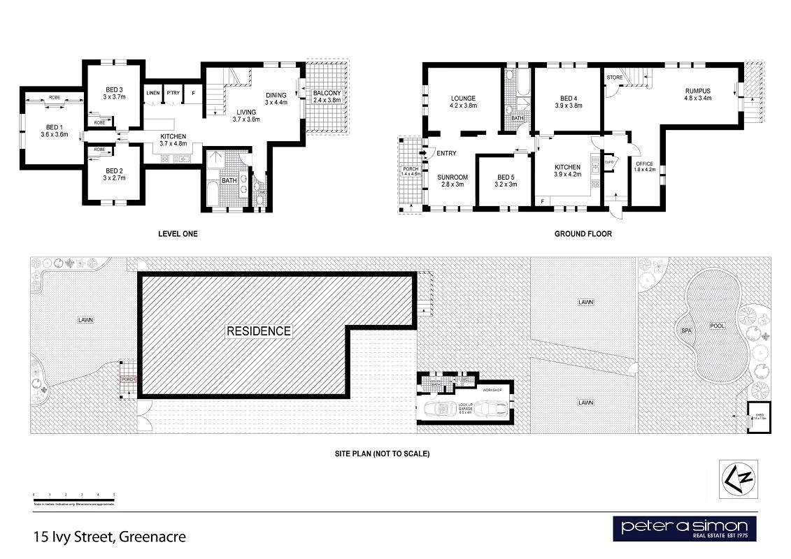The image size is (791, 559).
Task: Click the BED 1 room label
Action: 54,129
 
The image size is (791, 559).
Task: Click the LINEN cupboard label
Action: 153,93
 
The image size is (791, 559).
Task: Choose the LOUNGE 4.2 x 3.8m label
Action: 463,102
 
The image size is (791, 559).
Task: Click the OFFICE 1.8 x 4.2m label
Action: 644,166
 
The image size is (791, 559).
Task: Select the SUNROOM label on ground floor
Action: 452,181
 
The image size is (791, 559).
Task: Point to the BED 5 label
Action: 505,181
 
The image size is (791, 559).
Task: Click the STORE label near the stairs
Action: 615,77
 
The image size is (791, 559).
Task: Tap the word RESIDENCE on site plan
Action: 258,331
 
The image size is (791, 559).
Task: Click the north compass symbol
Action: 737,479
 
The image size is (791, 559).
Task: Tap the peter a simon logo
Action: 684,528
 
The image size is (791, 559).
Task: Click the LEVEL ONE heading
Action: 178,234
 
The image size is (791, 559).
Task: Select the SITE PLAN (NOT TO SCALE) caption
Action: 382,453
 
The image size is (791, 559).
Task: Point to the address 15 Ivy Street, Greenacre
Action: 109,537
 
